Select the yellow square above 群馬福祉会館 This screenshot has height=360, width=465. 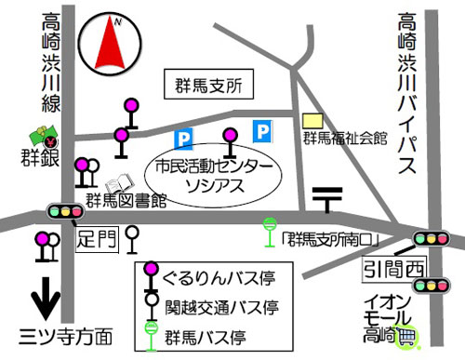pyautogui.click(x=318, y=121)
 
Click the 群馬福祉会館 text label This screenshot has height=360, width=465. pyautogui.click(x=345, y=139)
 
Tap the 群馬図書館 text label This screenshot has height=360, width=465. pyautogui.click(x=126, y=200)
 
